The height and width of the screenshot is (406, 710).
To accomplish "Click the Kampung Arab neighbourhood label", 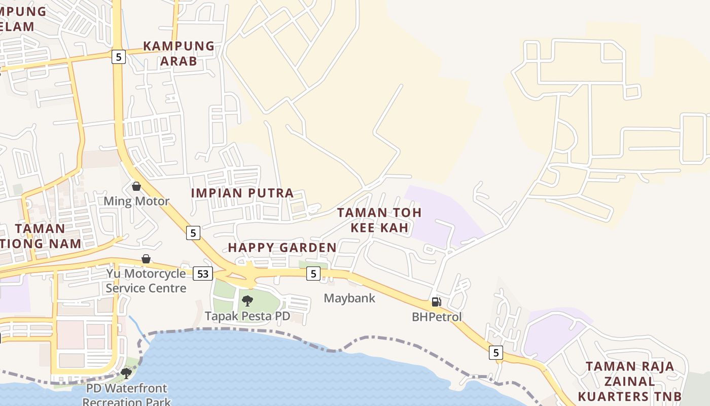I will pos(179,53).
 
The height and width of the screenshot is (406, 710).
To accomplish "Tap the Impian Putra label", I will pos(242,193).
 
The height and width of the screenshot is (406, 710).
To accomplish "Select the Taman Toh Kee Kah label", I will pos(379,220).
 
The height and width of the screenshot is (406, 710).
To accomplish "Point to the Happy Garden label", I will pos(282,248).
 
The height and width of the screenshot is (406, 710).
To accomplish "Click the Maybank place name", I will pos(349,298).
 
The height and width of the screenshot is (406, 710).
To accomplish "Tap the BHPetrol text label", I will pos(437,317).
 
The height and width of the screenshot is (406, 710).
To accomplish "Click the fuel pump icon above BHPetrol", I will pos(436,302).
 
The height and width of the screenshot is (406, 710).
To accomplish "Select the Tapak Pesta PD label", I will pos(247,316).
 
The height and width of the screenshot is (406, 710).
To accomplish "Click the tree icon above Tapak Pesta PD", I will pos(247,301).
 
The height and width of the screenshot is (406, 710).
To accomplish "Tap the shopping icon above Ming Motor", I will pos(136,186).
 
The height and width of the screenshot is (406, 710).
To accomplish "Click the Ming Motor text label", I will pos(136,201).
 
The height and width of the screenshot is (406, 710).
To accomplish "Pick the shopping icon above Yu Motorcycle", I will pos(146,259).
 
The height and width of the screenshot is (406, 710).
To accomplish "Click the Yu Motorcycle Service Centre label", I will pos(146,281).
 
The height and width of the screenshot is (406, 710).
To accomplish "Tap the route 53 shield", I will pos(202,274).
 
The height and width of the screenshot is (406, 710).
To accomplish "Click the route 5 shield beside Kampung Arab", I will pos(118,57).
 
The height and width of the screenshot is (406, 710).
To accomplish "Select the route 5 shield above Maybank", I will pos(313,274).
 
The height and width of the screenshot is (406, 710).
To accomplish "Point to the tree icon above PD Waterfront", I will pos(126,374).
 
